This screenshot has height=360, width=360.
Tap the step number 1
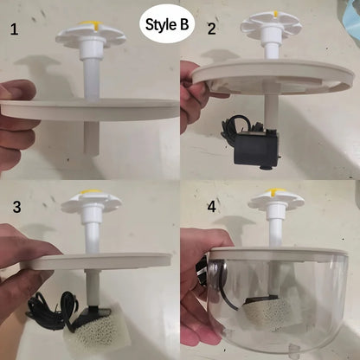(x=13, y=30)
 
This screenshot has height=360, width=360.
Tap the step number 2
(x=212, y=29)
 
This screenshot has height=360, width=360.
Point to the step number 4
(x=212, y=208)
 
